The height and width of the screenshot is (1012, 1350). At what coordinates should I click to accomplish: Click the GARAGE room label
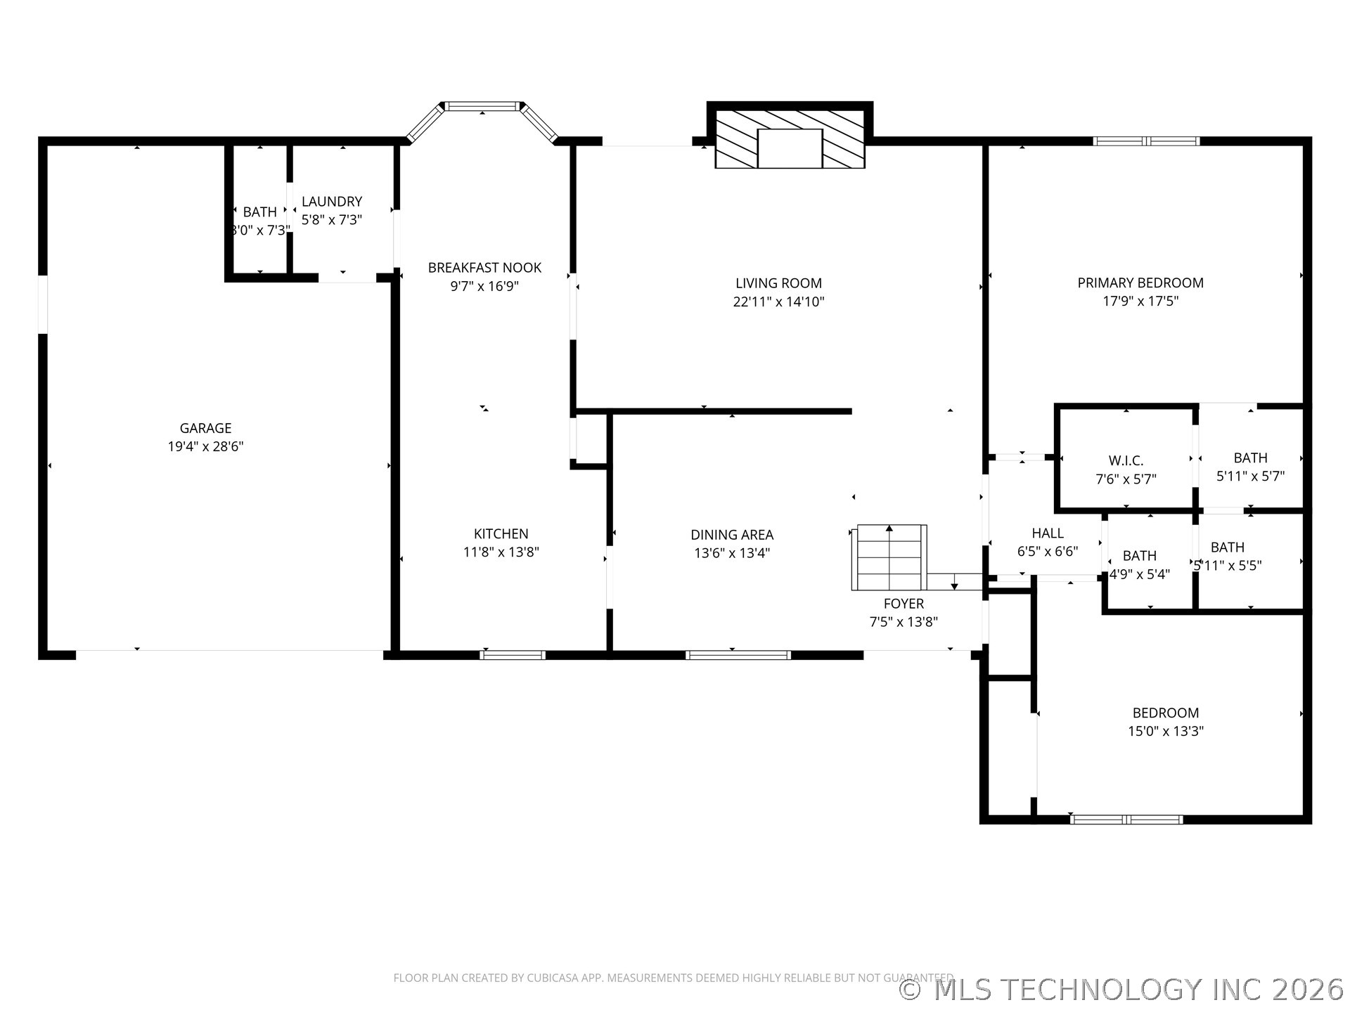click(205, 428)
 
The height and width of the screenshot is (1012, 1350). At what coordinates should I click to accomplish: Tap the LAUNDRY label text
click(332, 202)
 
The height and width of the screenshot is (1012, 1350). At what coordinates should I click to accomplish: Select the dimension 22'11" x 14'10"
click(778, 301)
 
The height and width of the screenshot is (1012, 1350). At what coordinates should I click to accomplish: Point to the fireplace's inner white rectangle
click(790, 148)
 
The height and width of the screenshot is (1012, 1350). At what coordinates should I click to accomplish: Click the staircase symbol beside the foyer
click(889, 557)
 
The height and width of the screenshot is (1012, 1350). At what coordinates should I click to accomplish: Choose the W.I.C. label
click(1126, 460)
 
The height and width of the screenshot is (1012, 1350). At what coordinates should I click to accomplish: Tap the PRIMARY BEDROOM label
click(1140, 283)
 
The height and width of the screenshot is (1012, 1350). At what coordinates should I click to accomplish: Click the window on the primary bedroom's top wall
click(1146, 141)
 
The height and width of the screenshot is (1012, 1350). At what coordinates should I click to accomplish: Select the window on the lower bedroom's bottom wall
click(1126, 819)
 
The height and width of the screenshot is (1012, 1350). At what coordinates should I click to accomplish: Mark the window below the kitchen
click(513, 655)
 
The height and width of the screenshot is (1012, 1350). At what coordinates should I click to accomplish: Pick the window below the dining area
click(738, 655)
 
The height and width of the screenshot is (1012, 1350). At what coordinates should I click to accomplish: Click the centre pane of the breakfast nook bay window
click(482, 107)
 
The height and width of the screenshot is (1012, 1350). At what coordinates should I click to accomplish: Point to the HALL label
click(1048, 533)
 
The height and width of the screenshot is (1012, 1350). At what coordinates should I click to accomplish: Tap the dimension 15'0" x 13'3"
click(1166, 731)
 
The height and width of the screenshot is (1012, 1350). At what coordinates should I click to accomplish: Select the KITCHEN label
click(501, 534)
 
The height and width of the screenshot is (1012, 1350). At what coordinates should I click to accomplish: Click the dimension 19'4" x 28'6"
click(205, 446)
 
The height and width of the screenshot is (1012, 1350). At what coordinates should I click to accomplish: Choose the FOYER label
click(904, 604)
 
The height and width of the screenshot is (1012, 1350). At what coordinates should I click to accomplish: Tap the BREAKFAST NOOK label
click(484, 268)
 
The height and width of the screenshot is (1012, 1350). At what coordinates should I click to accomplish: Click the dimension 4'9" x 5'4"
click(1139, 574)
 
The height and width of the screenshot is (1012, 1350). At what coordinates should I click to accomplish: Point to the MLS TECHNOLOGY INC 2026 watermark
click(1122, 990)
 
